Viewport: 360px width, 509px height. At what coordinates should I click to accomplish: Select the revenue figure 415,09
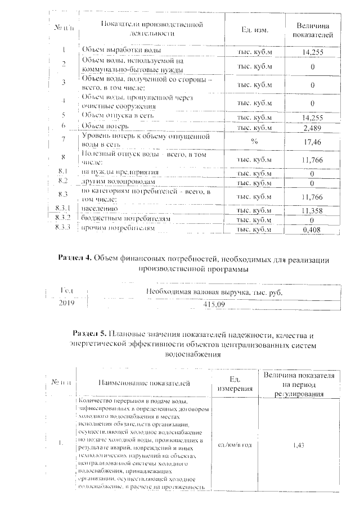click(213, 304)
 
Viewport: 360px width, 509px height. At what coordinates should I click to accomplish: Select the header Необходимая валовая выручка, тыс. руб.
click(213, 292)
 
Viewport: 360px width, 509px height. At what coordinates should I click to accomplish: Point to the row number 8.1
click(62, 171)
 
